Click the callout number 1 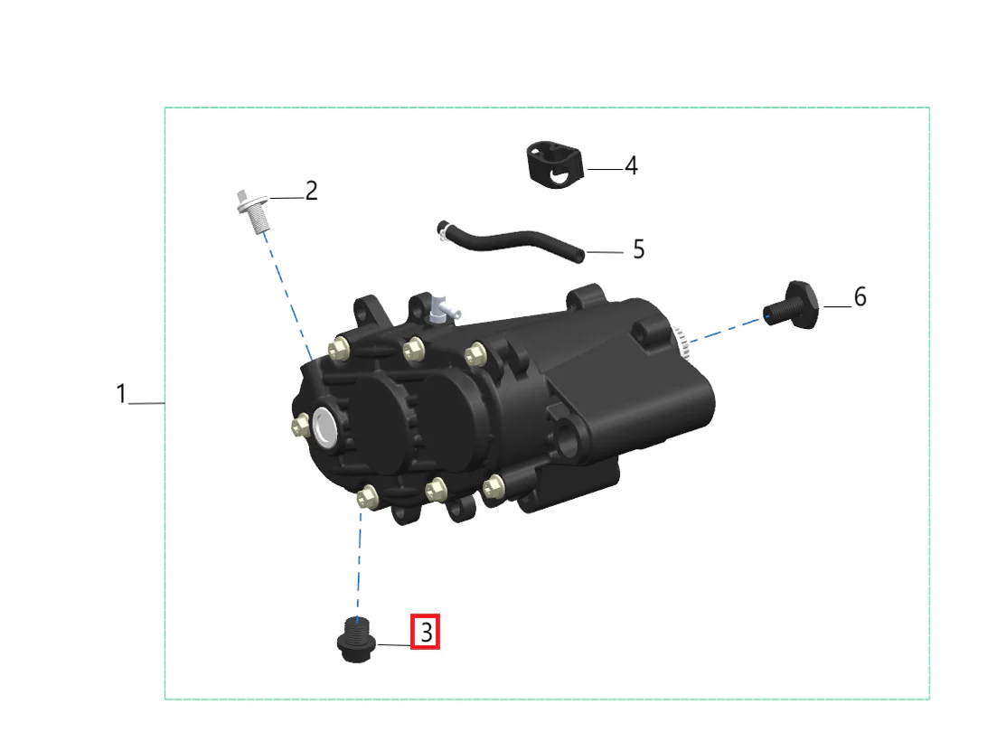click(x=121, y=394)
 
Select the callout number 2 click(x=311, y=191)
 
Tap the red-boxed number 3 click(x=426, y=632)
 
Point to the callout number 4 click(x=631, y=165)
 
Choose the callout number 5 click(x=638, y=249)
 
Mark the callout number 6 click(x=860, y=296)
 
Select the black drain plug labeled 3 click(x=355, y=639)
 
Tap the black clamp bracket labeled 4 click(x=555, y=164)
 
